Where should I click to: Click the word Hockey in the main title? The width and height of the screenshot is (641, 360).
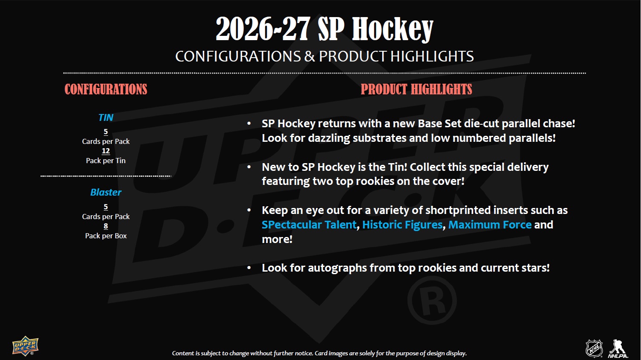[x=392, y=29]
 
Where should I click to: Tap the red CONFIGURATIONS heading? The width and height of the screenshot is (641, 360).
[x=106, y=89]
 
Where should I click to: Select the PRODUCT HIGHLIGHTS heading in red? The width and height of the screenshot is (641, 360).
[x=416, y=89]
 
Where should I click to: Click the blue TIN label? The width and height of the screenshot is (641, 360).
[x=105, y=117]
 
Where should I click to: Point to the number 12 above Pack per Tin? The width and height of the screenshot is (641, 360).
[x=105, y=151]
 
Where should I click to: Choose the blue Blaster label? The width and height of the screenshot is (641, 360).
[x=105, y=192]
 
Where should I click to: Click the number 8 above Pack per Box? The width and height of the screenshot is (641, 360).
[x=105, y=226]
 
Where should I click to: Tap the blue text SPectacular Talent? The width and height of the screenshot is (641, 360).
[x=309, y=225]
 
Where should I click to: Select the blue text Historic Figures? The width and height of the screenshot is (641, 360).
[x=402, y=225]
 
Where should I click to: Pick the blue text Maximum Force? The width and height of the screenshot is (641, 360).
[x=490, y=225]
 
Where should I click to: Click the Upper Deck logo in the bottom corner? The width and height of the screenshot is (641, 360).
[x=25, y=345]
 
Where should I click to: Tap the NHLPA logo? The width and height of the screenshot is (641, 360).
[x=618, y=348]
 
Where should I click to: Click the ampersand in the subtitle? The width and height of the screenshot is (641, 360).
[x=310, y=56]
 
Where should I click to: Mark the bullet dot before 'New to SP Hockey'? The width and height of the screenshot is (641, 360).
[x=249, y=167]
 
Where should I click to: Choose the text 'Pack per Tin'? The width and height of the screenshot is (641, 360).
[x=105, y=161]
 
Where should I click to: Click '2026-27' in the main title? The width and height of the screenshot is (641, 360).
[x=263, y=29]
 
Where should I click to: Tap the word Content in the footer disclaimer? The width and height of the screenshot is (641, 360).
[x=183, y=353]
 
